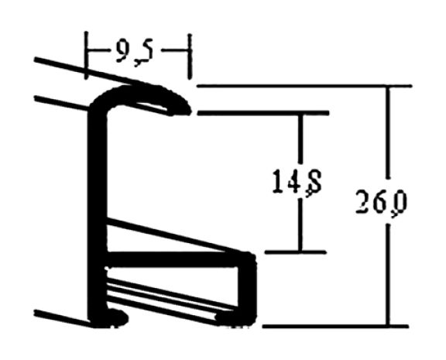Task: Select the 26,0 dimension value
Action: tap(383, 204)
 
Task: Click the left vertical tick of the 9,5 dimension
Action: tap(87, 53)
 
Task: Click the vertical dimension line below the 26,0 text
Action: tap(388, 271)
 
